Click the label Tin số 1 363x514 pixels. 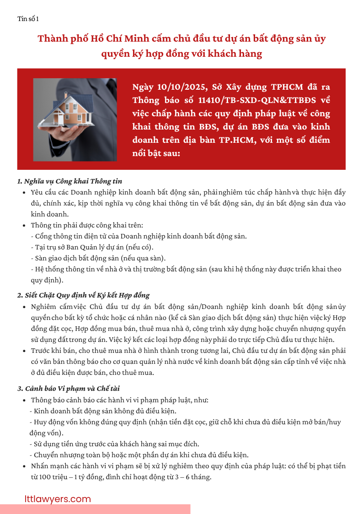click(x=28, y=19)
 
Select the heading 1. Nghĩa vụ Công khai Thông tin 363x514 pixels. click(x=69, y=181)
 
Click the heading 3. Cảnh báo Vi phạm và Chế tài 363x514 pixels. click(x=69, y=389)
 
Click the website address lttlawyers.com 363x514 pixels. click(x=58, y=499)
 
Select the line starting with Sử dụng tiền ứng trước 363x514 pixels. click(x=117, y=444)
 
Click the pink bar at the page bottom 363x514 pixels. click(x=95, y=509)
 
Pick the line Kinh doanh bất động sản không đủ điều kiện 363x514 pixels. click(x=105, y=411)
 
